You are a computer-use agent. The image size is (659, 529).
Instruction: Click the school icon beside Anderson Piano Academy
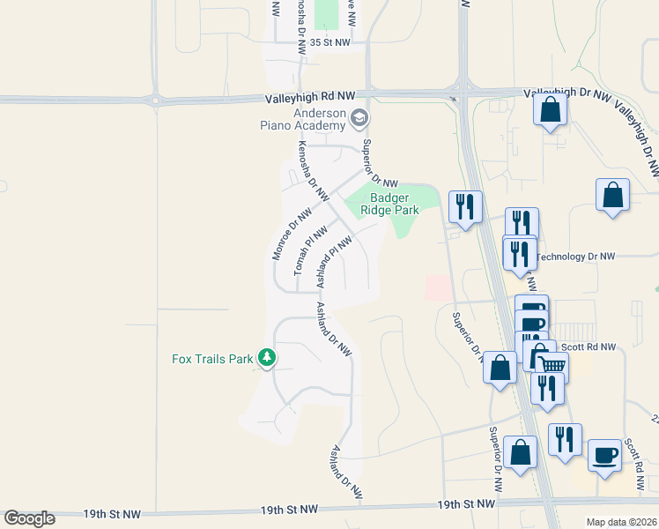(x=359, y=117)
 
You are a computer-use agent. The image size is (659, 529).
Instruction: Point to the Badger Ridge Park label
(x=394, y=205)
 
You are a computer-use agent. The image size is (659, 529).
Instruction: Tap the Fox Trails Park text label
(x=211, y=359)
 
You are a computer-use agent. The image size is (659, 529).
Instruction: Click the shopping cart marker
(x=552, y=364)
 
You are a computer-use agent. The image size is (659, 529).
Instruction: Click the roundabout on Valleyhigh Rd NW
(x=156, y=101)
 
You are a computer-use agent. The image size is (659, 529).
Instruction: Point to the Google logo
(x=29, y=518)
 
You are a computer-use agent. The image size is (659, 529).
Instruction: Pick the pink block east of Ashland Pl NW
(x=438, y=287)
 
